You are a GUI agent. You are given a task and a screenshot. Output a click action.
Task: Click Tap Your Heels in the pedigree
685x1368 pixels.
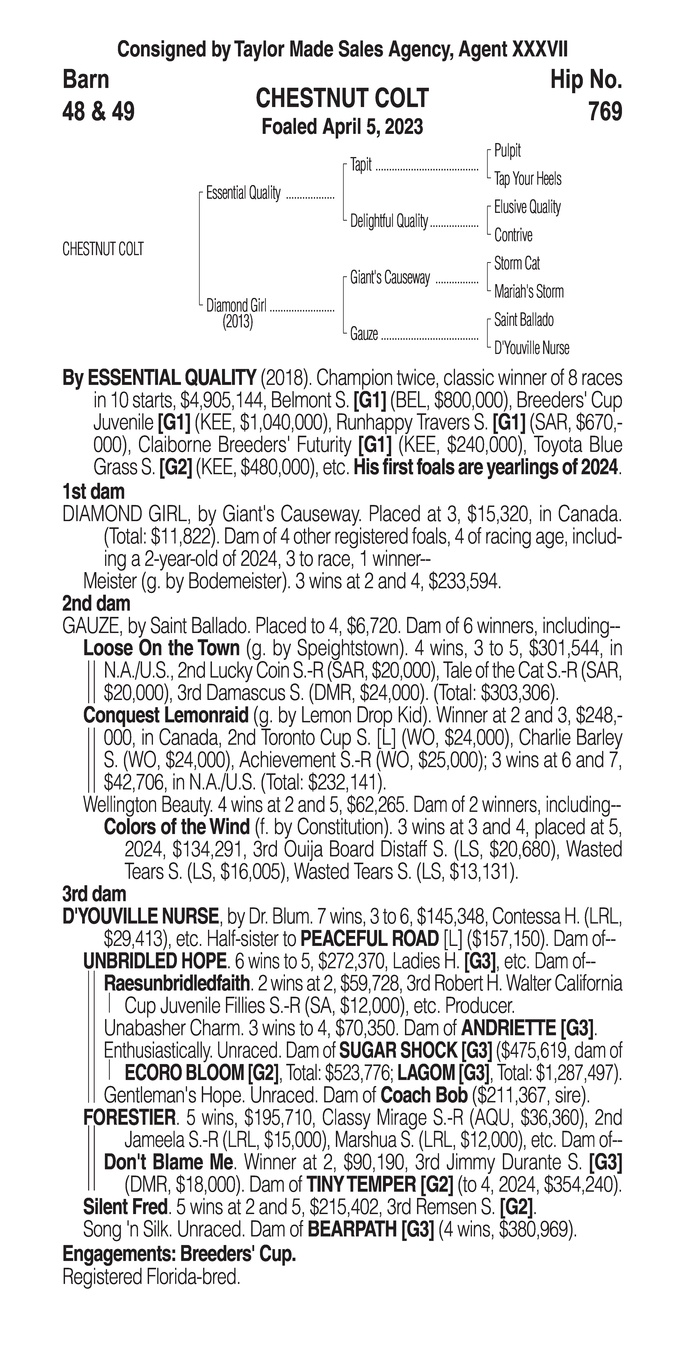point(527,179)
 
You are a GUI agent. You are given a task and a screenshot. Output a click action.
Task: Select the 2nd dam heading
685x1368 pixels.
point(96,604)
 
